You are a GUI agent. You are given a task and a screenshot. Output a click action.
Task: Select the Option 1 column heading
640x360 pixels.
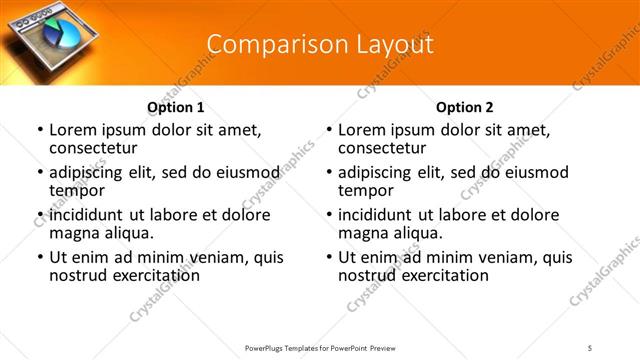click(x=176, y=107)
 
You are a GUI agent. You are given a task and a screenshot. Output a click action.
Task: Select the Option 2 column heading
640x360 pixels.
click(x=465, y=107)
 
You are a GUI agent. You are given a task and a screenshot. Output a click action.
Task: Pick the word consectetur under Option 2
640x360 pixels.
click(x=384, y=148)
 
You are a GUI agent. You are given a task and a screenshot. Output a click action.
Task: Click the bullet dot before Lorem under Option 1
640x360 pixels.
click(x=40, y=131)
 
